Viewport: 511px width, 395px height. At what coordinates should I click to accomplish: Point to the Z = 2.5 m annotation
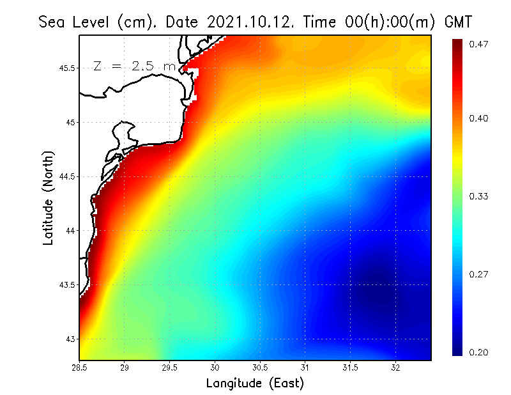click(133, 66)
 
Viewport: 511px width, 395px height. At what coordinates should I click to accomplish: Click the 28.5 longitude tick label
click(80, 368)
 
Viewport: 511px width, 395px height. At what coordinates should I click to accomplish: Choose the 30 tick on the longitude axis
click(215, 368)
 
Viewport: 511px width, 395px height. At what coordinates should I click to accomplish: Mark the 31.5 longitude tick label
click(351, 368)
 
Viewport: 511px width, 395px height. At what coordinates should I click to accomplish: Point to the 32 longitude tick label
click(396, 368)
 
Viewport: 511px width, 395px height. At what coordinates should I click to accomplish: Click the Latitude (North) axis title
click(48, 198)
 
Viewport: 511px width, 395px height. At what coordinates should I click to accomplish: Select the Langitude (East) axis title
click(255, 383)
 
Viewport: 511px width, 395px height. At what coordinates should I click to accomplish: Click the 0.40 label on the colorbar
click(480, 118)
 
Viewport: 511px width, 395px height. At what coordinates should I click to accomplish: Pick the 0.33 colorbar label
click(480, 196)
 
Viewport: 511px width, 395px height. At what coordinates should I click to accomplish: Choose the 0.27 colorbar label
click(480, 274)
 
